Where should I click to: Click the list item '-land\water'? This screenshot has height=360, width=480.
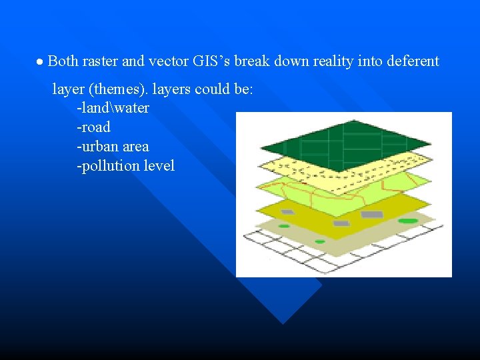113,107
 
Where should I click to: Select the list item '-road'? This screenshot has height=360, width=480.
93,127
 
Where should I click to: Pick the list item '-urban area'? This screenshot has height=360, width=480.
113,146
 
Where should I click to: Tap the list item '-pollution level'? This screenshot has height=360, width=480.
125,165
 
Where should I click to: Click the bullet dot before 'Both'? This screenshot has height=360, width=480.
40,62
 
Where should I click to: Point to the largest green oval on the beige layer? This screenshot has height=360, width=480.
408,221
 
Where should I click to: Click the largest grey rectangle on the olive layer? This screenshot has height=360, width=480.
371,215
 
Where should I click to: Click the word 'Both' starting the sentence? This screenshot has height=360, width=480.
63,61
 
